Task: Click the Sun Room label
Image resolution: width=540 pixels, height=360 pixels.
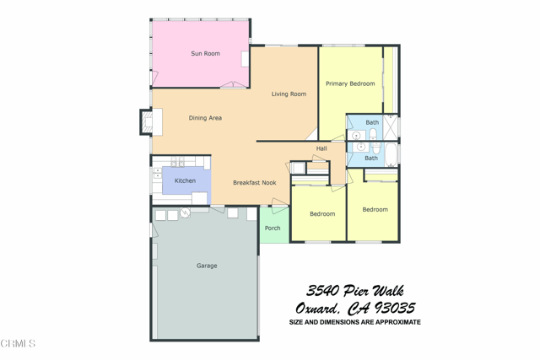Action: coord(205,54)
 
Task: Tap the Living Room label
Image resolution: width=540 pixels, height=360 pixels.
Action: coord(289,94)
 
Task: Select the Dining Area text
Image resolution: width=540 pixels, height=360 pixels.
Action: coord(205,118)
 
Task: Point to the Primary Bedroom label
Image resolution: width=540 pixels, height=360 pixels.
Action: coord(350,83)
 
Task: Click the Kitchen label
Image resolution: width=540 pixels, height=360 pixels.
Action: coord(185,180)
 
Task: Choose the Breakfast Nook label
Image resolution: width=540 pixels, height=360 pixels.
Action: coord(255,182)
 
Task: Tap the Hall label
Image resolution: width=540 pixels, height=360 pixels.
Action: coord(321,148)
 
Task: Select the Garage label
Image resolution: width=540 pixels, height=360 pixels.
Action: coord(207,266)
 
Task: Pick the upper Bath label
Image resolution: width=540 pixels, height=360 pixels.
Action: coord(372,122)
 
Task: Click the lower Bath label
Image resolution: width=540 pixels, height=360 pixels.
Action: coord(371,158)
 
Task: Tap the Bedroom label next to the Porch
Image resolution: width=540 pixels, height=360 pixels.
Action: coord(322,214)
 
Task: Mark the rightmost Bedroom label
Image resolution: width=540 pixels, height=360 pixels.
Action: coord(375,209)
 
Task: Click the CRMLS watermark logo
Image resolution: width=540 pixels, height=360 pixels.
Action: coord(18,343)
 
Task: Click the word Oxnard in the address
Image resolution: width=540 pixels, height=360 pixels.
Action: coord(316,309)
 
